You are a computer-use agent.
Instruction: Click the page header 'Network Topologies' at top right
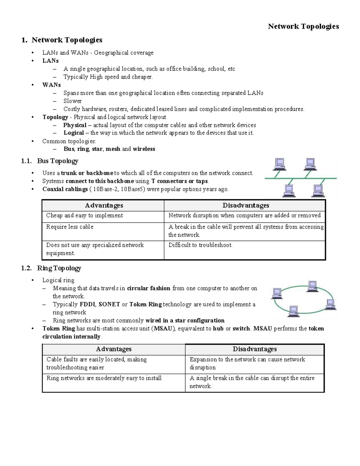click(303, 26)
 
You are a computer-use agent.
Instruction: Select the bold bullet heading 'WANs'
click(51, 85)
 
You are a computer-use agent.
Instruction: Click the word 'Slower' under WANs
click(72, 101)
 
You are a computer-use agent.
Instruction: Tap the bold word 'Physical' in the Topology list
click(75, 125)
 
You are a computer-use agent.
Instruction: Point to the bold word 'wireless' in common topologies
click(144, 149)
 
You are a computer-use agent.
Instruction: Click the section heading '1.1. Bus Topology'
click(50, 161)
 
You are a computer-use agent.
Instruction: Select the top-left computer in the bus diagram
click(280, 164)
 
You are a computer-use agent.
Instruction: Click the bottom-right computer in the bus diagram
click(317, 191)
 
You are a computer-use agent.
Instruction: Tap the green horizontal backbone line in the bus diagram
click(300, 178)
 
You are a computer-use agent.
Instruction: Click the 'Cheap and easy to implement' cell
click(85, 215)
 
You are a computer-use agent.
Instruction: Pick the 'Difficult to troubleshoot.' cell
click(200, 245)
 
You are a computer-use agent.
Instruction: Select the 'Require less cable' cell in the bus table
click(70, 227)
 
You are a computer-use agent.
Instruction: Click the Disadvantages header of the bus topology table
click(245, 206)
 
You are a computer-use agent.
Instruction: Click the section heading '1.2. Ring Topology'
click(51, 268)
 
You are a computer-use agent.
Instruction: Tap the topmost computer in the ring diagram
click(312, 285)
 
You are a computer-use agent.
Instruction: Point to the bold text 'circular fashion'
click(148, 288)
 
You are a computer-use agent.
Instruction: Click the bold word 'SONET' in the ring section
click(109, 305)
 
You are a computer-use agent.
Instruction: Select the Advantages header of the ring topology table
click(114, 349)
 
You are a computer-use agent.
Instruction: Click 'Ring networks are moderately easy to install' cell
click(104, 378)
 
